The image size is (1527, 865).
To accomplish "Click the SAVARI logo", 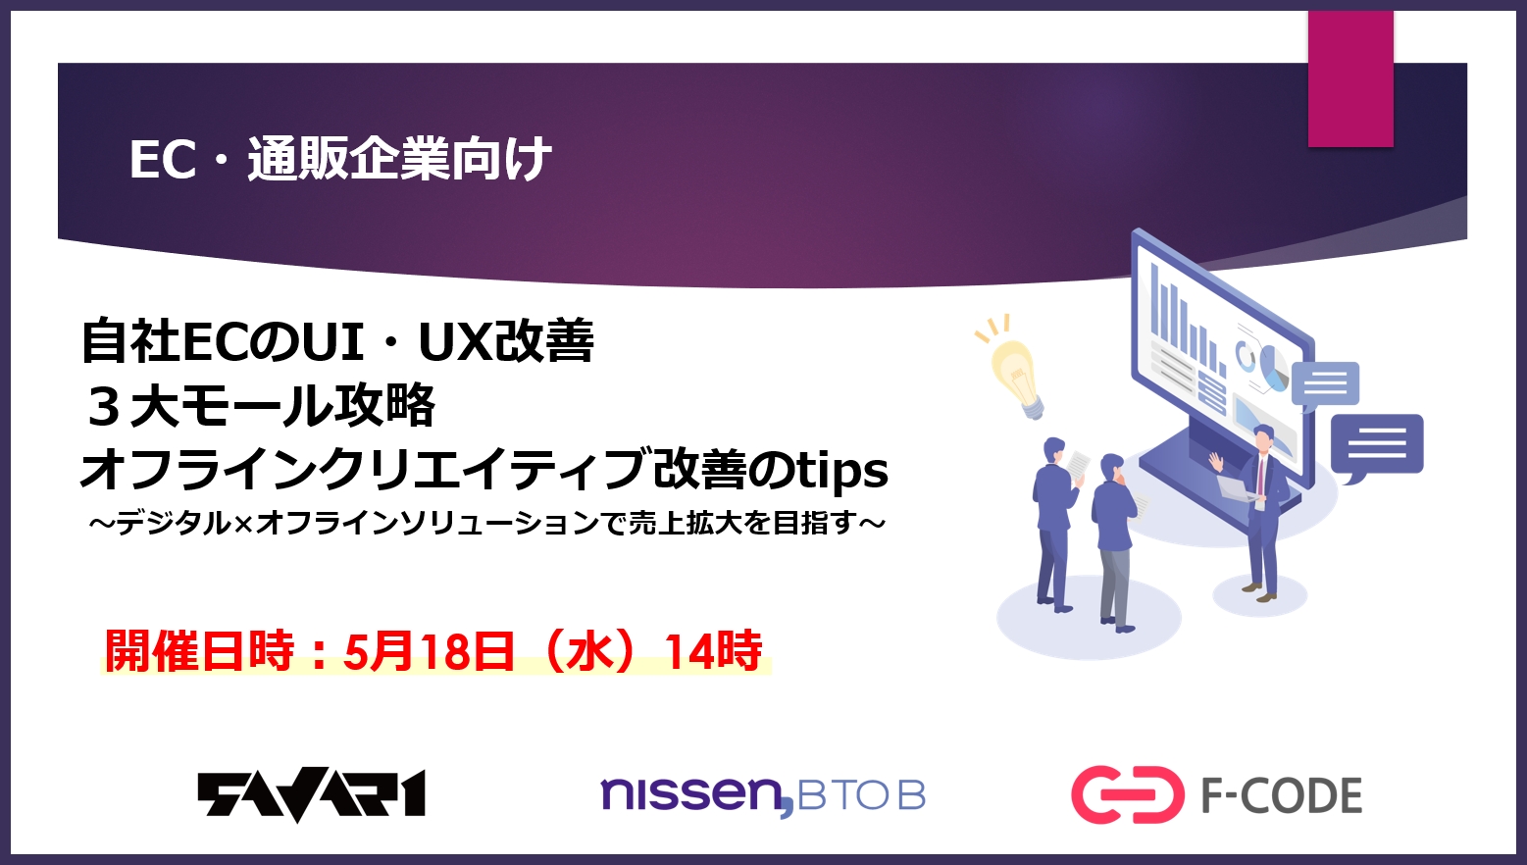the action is (x=312, y=794).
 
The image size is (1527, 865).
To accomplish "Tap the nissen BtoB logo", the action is (x=763, y=794).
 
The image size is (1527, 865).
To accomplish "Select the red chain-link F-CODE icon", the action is (x=1127, y=794).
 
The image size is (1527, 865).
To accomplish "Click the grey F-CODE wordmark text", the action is (x=1282, y=795).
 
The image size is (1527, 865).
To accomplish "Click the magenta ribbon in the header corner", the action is (x=1350, y=78).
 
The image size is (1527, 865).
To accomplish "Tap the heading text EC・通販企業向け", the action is (x=340, y=160).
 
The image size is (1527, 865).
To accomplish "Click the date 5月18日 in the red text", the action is (x=429, y=651).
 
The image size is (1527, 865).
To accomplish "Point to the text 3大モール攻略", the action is (x=259, y=405).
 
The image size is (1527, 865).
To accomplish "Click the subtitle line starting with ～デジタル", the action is (x=487, y=524).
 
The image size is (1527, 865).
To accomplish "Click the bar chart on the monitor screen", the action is (x=1187, y=320).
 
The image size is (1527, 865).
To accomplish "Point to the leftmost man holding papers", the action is (x=1056, y=523).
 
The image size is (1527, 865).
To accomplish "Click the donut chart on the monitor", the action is (x=1247, y=354).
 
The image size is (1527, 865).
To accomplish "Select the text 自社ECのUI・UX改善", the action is (x=337, y=341).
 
